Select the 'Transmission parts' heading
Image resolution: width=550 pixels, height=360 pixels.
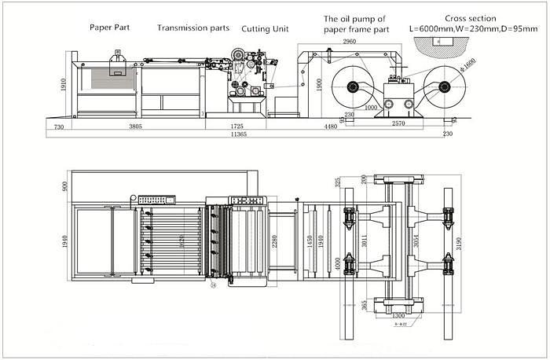(x=193, y=28)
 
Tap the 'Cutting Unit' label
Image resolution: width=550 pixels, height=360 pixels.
(x=265, y=29)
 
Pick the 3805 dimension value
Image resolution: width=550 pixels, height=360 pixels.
(x=135, y=126)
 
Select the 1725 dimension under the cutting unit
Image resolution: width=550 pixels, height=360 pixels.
(x=236, y=126)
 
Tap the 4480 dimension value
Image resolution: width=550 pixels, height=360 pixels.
(x=324, y=126)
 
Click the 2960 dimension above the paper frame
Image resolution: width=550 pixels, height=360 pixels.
(x=351, y=41)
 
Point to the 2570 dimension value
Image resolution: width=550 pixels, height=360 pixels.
(x=398, y=123)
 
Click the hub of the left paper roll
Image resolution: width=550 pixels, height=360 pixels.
(x=351, y=87)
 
